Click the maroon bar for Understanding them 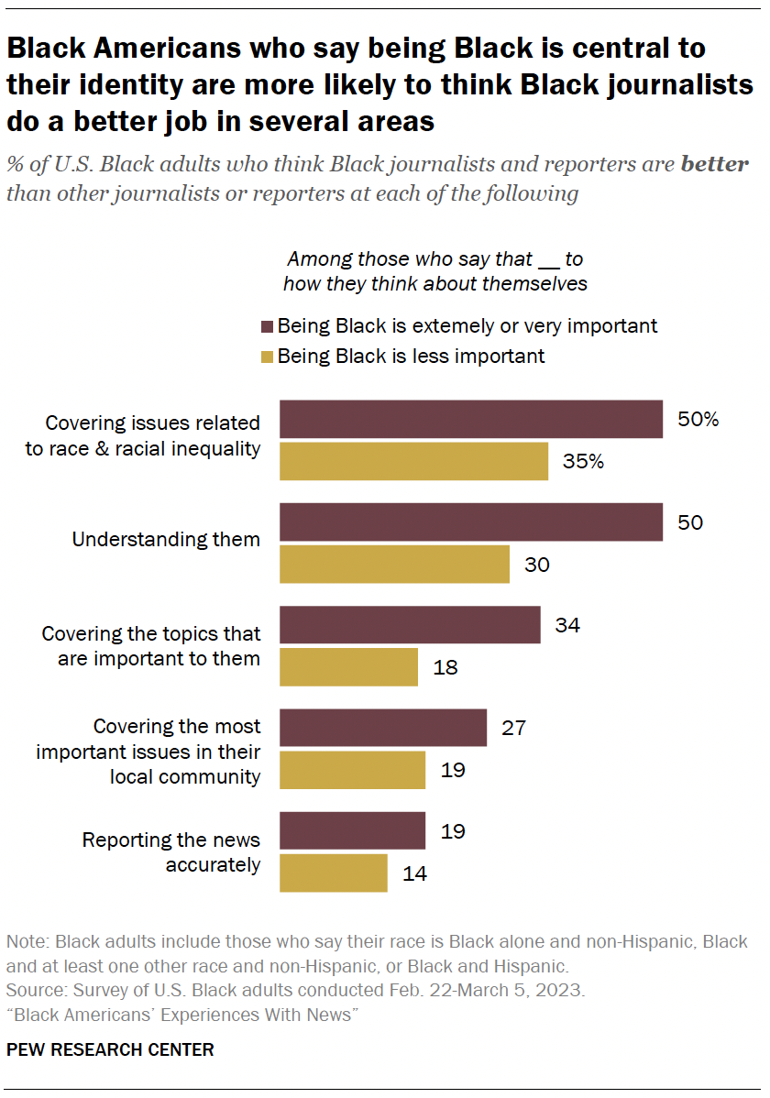470,522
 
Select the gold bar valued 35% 413,461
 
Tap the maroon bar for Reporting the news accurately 352,831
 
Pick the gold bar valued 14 333,873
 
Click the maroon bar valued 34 410,625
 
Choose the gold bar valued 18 348,667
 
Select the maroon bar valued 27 382,728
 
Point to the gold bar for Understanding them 394,564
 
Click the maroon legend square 268,326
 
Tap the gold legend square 268,356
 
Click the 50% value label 698,420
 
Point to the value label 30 536,565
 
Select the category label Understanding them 166,540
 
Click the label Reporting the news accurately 171,851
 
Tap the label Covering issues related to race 143,436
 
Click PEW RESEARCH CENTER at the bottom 110,1050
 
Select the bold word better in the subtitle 714,166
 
